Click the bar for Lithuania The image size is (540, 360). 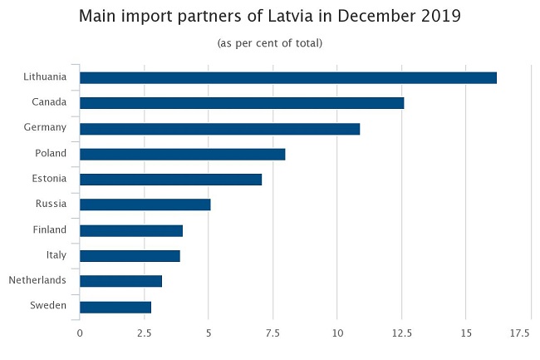287,78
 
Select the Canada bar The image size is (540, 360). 241,103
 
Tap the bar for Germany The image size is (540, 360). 219,129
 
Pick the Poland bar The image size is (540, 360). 182,154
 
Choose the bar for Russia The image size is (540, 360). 145,205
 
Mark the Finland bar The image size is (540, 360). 130,230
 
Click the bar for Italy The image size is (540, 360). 130,256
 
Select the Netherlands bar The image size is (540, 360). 120,281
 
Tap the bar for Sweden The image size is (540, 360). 115,307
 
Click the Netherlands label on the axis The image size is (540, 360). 37,280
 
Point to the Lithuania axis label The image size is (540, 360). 45,77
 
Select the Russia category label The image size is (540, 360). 51,205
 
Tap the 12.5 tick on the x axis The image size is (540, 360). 401,333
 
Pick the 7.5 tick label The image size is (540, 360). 272,333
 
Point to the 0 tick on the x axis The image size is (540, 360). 80,333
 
